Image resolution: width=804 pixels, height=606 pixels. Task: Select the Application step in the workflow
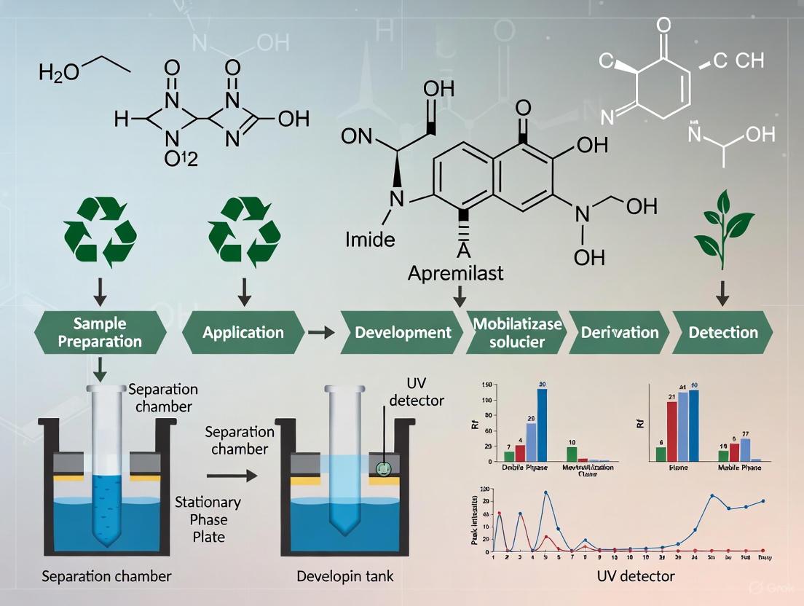[243, 333]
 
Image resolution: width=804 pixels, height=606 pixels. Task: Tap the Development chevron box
[403, 333]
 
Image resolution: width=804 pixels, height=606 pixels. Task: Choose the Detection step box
[723, 333]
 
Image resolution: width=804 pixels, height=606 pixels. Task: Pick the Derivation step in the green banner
[620, 333]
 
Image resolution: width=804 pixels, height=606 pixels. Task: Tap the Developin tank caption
[345, 576]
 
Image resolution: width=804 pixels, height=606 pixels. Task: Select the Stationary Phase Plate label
[208, 519]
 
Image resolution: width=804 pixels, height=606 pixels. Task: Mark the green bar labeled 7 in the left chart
[509, 457]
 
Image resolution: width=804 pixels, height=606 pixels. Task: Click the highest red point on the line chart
[500, 513]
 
